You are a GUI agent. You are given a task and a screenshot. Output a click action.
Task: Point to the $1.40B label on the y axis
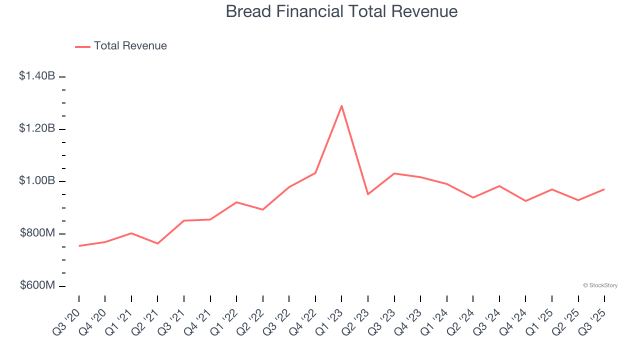point(37,76)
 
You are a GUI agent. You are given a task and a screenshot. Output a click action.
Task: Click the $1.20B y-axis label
point(37,128)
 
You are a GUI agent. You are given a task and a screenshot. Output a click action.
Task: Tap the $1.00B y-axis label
point(37,180)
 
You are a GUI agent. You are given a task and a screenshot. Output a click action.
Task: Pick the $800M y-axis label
point(37,233)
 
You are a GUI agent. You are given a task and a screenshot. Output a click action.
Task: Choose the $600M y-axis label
point(37,285)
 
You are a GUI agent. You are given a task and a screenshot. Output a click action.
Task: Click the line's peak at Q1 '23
point(341,105)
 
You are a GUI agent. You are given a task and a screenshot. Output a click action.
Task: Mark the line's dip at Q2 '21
point(157,243)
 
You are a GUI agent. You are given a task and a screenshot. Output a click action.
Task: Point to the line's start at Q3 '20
point(79,246)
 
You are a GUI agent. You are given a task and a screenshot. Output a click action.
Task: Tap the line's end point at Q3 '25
point(604,189)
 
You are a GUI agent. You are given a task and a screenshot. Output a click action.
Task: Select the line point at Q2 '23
point(368,194)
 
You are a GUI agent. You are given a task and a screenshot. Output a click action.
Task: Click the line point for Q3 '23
point(394,173)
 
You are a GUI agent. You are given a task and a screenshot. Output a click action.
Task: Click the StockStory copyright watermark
point(600,285)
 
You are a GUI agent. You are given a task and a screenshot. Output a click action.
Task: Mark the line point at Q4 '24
point(525,201)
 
